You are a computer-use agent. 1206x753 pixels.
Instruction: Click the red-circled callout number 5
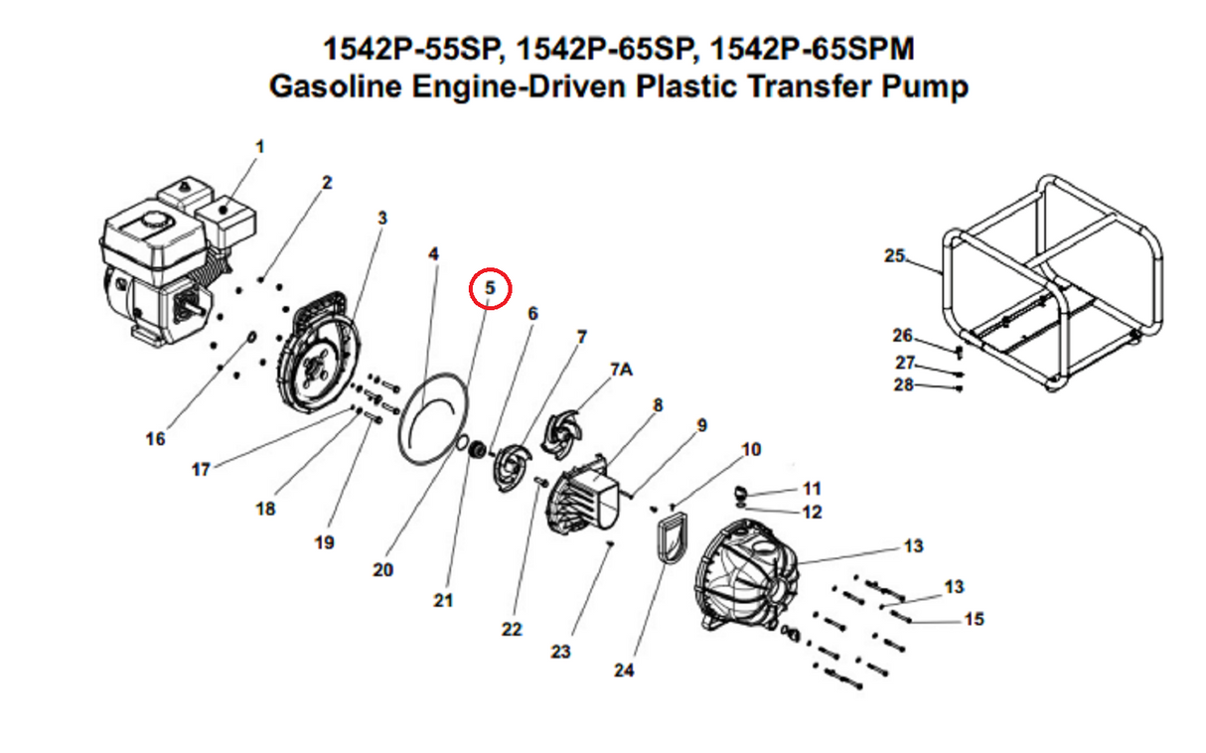(490, 288)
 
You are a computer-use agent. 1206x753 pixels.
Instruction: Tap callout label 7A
(620, 370)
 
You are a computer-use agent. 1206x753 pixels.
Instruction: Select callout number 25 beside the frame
(894, 255)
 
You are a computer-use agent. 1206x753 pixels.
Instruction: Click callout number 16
(155, 438)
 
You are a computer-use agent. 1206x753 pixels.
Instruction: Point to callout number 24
(623, 670)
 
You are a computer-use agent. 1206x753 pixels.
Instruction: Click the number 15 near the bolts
(974, 619)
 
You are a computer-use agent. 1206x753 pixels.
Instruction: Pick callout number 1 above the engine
(259, 146)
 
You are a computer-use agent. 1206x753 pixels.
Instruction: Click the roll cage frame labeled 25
(1053, 288)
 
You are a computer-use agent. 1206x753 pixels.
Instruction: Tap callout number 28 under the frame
(903, 384)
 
